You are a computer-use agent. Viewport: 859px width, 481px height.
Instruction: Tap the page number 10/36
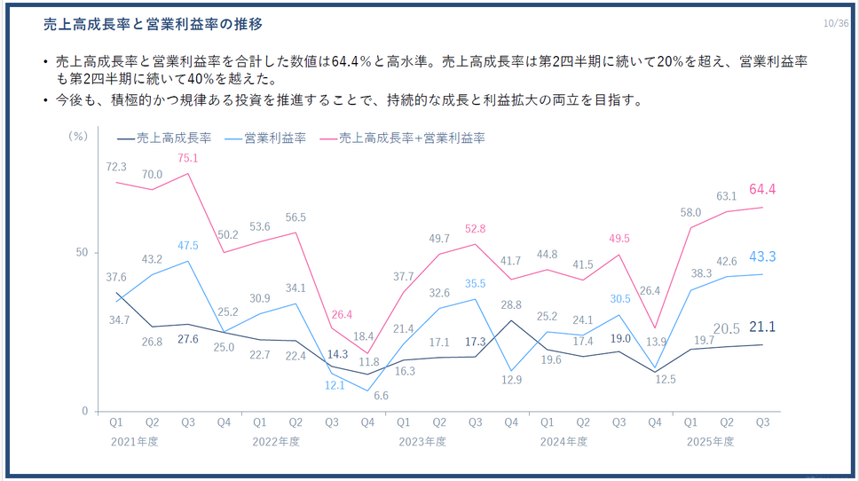[836, 23]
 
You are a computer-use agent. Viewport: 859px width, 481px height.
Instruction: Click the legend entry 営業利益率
[270, 138]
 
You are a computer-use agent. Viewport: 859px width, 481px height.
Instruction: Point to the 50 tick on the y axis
[81, 253]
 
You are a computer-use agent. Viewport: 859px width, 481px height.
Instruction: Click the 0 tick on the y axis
[84, 411]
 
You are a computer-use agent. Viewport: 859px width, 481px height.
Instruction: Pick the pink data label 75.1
[187, 159]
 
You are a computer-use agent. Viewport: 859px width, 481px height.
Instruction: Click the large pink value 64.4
[762, 189]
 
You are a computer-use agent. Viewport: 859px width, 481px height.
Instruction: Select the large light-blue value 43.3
[762, 256]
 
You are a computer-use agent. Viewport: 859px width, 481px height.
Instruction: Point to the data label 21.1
[762, 327]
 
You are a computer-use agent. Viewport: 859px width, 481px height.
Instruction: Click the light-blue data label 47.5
[187, 245]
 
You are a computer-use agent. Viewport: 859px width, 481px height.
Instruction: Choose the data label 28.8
[510, 304]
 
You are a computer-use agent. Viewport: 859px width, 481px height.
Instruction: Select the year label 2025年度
[711, 441]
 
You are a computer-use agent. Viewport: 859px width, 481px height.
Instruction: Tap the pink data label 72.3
[116, 167]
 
